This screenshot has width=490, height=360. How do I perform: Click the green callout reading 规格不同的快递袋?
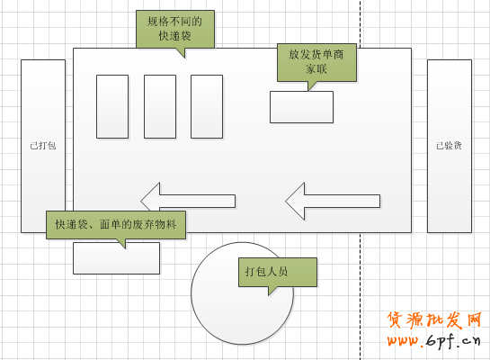click(175, 29)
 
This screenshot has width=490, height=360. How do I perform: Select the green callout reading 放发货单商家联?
click(316, 62)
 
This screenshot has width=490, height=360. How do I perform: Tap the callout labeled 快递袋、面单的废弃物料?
click(116, 225)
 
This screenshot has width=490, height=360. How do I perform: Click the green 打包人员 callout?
click(278, 272)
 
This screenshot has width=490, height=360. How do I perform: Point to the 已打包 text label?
click(43, 146)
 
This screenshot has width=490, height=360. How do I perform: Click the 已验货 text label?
click(449, 146)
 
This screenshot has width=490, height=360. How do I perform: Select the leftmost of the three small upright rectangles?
click(112, 107)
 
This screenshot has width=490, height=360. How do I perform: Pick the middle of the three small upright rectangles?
click(160, 107)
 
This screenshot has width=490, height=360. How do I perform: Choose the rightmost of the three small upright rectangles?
click(207, 107)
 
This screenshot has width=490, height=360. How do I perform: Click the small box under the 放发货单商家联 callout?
click(301, 107)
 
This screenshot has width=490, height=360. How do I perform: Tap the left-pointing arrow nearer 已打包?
click(188, 201)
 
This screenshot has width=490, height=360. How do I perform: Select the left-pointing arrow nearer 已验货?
click(333, 201)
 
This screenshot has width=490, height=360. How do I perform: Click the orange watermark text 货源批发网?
click(434, 320)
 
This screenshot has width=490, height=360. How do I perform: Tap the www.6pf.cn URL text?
click(433, 340)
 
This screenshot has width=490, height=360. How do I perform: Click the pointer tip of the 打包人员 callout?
click(269, 295)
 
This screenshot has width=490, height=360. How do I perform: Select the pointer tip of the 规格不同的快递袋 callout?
click(184, 58)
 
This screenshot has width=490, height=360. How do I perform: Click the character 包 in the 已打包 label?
click(52, 146)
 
